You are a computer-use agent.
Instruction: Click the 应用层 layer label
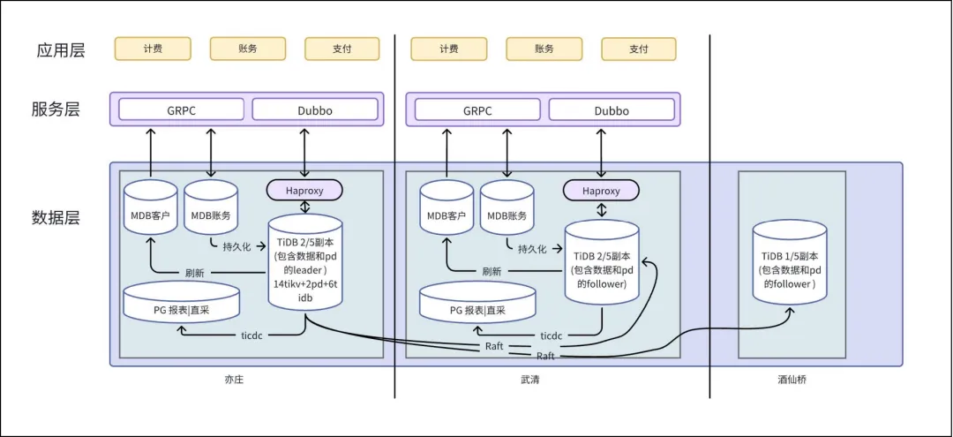[58, 49]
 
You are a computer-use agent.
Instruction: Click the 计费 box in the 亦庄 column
[152, 49]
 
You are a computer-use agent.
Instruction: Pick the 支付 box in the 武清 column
[639, 49]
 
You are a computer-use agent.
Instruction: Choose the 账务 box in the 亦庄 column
[247, 49]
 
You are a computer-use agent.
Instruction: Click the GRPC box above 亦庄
[182, 111]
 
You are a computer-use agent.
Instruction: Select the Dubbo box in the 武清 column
[612, 111]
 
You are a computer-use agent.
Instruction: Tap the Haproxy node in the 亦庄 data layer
[304, 190]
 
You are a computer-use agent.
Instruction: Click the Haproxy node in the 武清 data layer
[602, 190]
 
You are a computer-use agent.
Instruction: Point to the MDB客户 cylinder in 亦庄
[150, 212]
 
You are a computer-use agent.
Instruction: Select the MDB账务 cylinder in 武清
[507, 212]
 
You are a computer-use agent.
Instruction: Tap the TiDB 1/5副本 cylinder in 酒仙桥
[791, 265]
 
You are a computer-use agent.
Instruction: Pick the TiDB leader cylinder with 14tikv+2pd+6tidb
[304, 262]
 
